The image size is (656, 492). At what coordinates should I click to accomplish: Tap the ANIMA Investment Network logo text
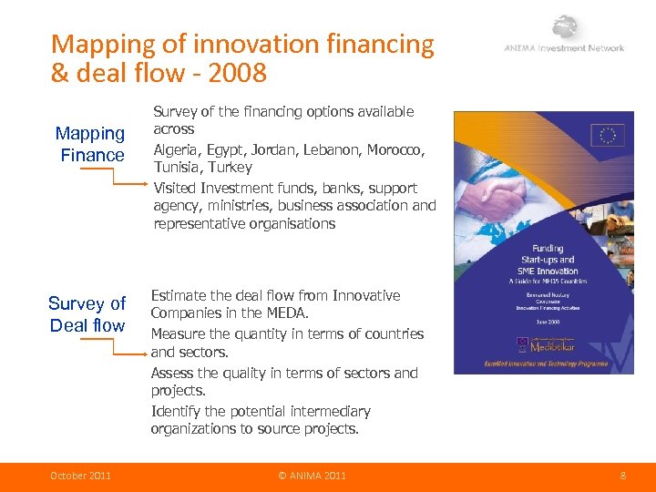tap(564, 48)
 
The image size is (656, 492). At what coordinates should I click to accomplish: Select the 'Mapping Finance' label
tap(91, 144)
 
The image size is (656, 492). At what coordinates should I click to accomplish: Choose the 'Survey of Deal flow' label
tap(87, 314)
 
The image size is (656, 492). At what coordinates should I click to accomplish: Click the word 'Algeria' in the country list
tap(178, 149)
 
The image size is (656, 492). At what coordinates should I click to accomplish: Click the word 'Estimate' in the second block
tap(180, 295)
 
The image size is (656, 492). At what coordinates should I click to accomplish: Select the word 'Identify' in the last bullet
tap(175, 411)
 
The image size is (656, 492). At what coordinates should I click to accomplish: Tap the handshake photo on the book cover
tap(538, 196)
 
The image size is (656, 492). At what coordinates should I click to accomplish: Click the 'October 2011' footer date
tap(80, 476)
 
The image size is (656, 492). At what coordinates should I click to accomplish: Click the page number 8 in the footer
tap(622, 476)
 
